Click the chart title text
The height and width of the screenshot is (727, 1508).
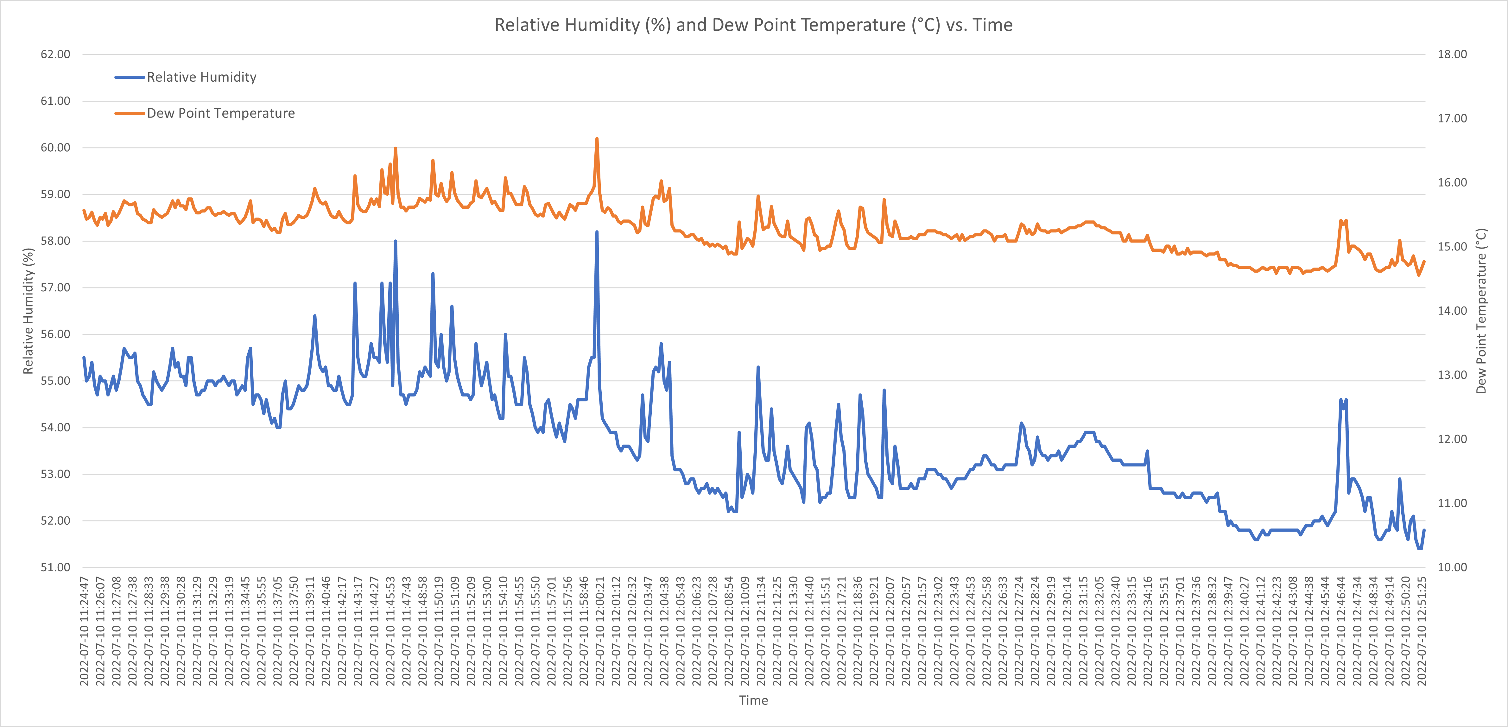pyautogui.click(x=753, y=25)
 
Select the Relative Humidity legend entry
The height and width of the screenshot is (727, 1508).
pyautogui.click(x=201, y=77)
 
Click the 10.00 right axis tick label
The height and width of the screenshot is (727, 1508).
pyautogui.click(x=1452, y=567)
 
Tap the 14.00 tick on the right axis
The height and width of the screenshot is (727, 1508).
pyautogui.click(x=1452, y=311)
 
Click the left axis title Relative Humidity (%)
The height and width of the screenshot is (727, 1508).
pyautogui.click(x=28, y=311)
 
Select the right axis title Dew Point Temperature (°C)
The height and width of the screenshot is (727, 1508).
pyautogui.click(x=1481, y=311)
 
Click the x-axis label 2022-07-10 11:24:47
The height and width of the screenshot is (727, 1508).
pyautogui.click(x=84, y=631)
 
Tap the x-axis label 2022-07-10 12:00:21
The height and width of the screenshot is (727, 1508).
pyautogui.click(x=600, y=631)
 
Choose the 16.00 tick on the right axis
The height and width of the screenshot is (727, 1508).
pyautogui.click(x=1452, y=183)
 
